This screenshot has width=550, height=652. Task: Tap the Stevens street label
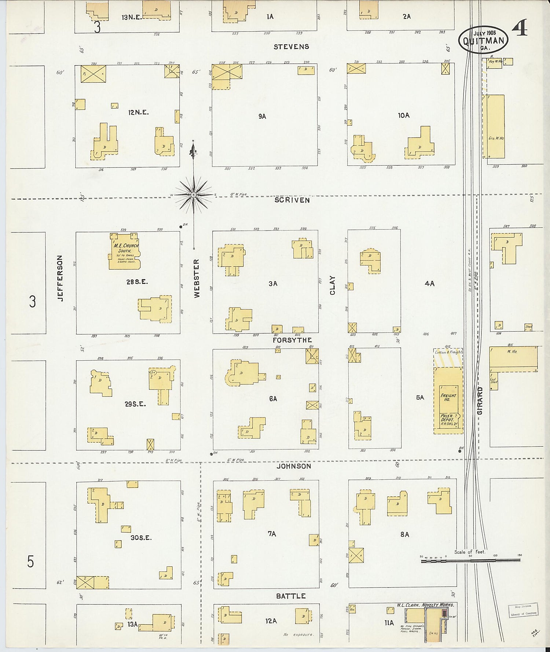[291, 47]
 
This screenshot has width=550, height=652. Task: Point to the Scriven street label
[292, 200]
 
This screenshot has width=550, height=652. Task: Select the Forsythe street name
[292, 340]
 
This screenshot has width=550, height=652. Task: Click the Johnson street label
[293, 466]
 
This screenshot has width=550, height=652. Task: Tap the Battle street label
[290, 596]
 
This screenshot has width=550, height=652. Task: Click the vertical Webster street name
[197, 279]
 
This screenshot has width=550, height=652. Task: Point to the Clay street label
[333, 285]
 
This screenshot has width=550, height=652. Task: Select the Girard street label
[480, 401]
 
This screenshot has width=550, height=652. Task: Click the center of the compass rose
[193, 195]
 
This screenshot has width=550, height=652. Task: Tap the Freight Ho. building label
[448, 398]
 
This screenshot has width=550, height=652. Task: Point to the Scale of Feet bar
[470, 560]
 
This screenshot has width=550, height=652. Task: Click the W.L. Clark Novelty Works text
[425, 605]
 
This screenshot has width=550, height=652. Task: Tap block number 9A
[262, 116]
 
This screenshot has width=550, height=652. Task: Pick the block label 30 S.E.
[141, 538]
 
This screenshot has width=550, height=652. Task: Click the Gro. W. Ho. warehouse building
[496, 126]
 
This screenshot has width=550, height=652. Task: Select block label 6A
[273, 398]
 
